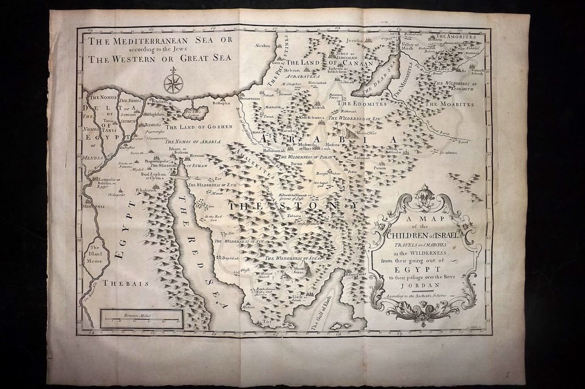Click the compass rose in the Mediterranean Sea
[173, 83]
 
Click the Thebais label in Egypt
[126, 284]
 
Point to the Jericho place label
[355, 41]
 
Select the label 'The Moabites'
[449, 104]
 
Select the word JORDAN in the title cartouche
[421, 285]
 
